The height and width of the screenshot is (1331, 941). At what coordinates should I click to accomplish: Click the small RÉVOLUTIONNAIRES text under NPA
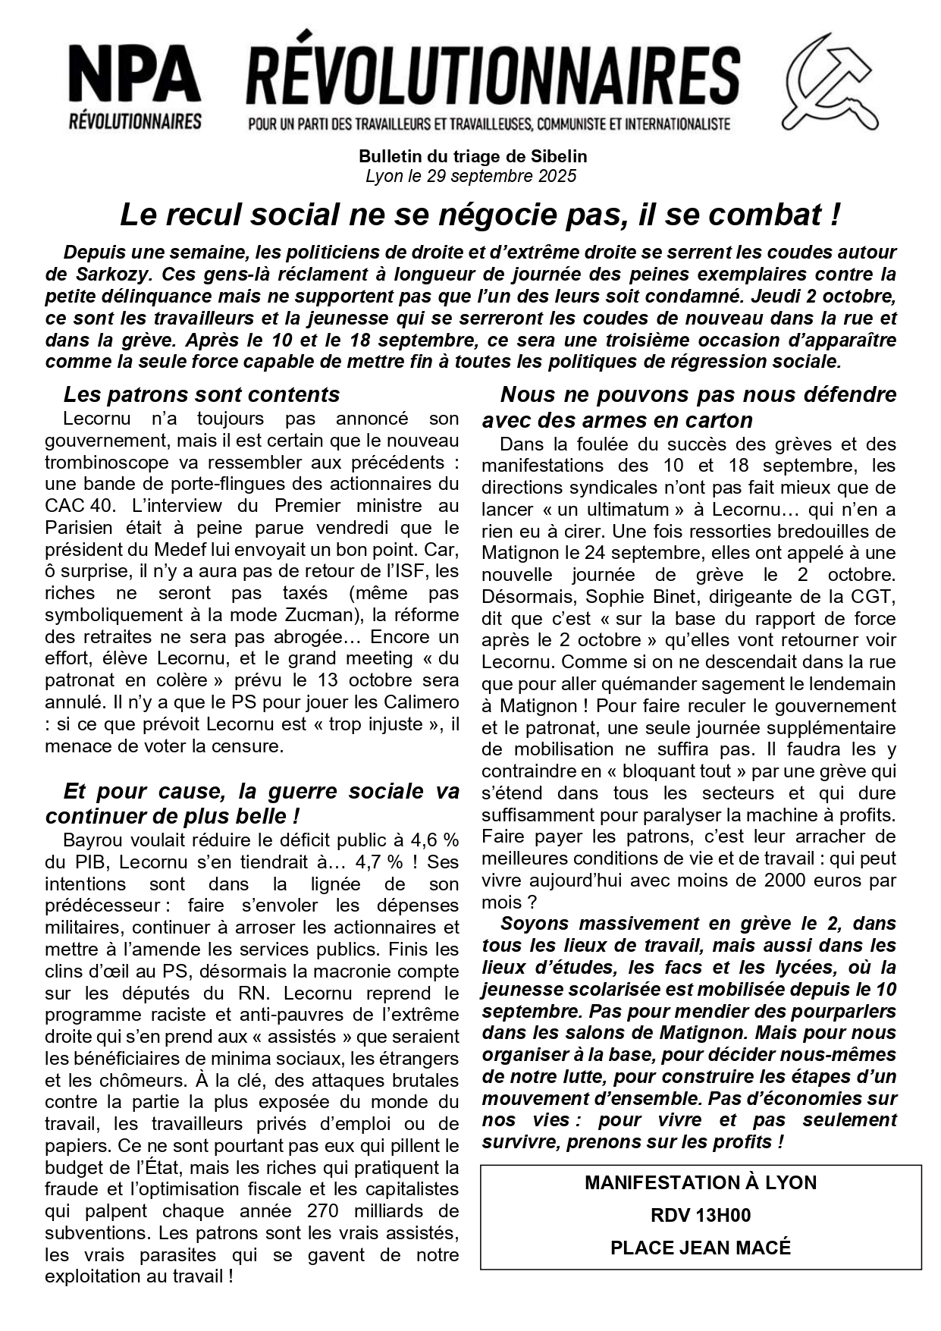[x=134, y=121]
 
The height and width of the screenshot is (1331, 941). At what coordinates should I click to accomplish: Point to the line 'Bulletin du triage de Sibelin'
[x=472, y=157]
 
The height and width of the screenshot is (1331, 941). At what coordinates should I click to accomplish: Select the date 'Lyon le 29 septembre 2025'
[x=471, y=176]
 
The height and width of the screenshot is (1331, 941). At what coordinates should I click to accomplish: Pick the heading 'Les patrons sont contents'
[x=201, y=394]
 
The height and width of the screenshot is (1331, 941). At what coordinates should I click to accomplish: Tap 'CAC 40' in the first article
[x=75, y=505]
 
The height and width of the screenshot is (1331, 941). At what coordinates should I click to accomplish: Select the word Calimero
[x=420, y=702]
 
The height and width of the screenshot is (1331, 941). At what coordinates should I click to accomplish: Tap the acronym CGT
[x=875, y=597]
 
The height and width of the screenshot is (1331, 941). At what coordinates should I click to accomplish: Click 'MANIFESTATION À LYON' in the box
[x=700, y=1183]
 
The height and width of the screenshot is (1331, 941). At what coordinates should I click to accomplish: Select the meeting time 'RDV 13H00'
[x=700, y=1216]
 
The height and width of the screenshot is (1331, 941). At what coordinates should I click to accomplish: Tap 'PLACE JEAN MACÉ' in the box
[x=700, y=1248]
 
